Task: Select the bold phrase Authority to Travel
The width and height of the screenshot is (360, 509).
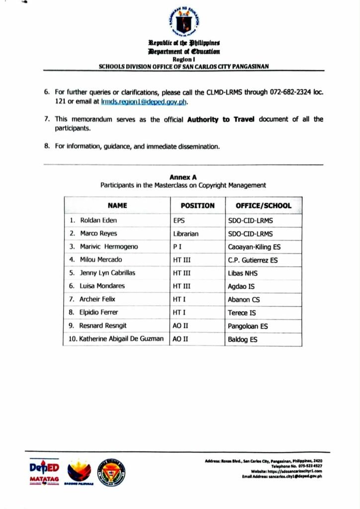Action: tap(220, 119)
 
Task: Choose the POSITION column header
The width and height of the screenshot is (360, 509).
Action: tap(197, 205)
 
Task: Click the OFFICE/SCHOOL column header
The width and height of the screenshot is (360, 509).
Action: tap(264, 205)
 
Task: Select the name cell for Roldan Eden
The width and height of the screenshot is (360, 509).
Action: tap(98, 220)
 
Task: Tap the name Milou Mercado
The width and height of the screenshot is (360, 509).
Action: tap(100, 259)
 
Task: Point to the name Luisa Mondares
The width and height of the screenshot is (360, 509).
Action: tap(102, 286)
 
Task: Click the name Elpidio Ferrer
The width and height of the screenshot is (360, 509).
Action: tap(98, 312)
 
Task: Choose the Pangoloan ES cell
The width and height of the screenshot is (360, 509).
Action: tap(248, 326)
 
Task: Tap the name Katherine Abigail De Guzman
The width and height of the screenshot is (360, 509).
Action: tap(121, 339)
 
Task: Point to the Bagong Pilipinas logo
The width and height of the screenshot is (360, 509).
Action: tap(80, 471)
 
